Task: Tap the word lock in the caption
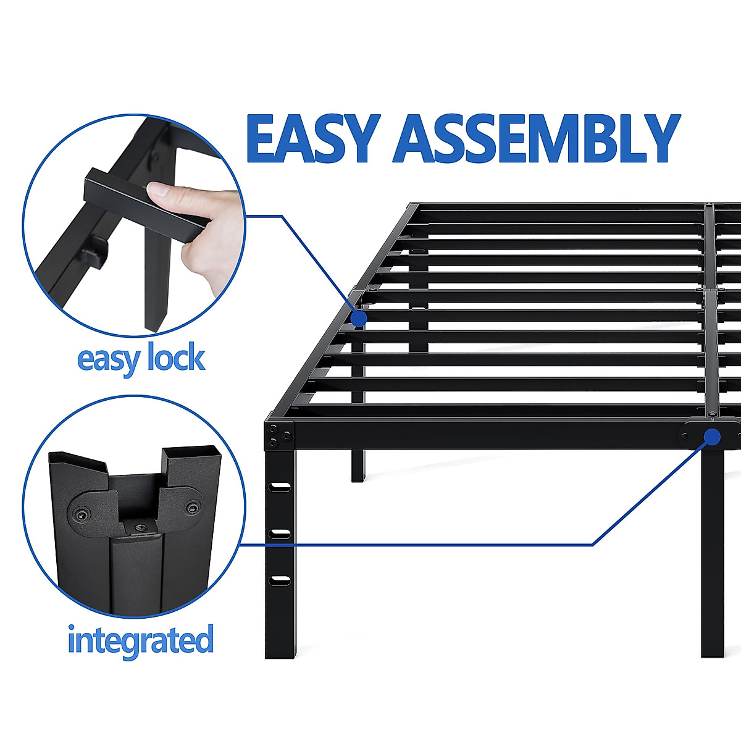(x=176, y=358)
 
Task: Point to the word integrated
(x=141, y=639)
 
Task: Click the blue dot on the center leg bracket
(x=711, y=437)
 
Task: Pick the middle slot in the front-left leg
(x=280, y=532)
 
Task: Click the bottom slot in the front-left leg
(x=280, y=579)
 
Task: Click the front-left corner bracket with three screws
(x=280, y=435)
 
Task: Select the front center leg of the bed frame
(x=712, y=556)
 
